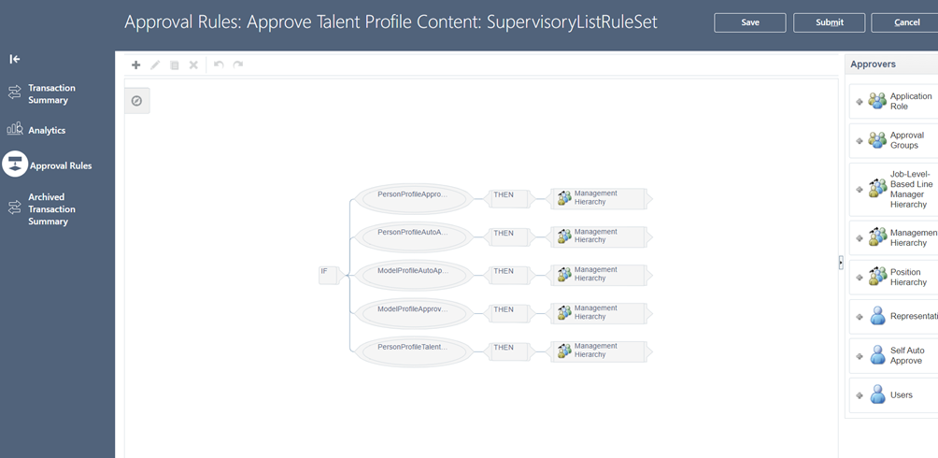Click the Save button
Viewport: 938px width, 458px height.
[749, 22]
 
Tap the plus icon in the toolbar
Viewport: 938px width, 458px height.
[135, 64]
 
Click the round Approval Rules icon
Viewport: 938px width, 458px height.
[15, 165]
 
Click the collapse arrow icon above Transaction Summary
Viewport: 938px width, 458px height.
[15, 59]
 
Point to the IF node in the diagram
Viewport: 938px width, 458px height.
[329, 275]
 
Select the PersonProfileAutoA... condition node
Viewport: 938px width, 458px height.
[413, 237]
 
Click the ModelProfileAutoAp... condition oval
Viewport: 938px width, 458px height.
[413, 276]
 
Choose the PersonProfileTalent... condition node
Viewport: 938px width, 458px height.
[413, 351]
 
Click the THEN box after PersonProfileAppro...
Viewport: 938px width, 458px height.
[508, 198]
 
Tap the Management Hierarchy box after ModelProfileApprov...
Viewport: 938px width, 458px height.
[602, 313]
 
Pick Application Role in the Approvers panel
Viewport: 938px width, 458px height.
[893, 101]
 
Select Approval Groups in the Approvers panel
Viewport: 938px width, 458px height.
[893, 140]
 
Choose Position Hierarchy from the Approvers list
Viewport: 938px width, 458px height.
[893, 278]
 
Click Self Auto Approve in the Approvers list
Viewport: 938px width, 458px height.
[893, 355]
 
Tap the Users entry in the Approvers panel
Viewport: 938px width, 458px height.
[893, 395]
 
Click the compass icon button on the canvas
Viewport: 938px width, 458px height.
[137, 101]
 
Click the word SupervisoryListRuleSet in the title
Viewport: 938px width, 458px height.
[573, 22]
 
